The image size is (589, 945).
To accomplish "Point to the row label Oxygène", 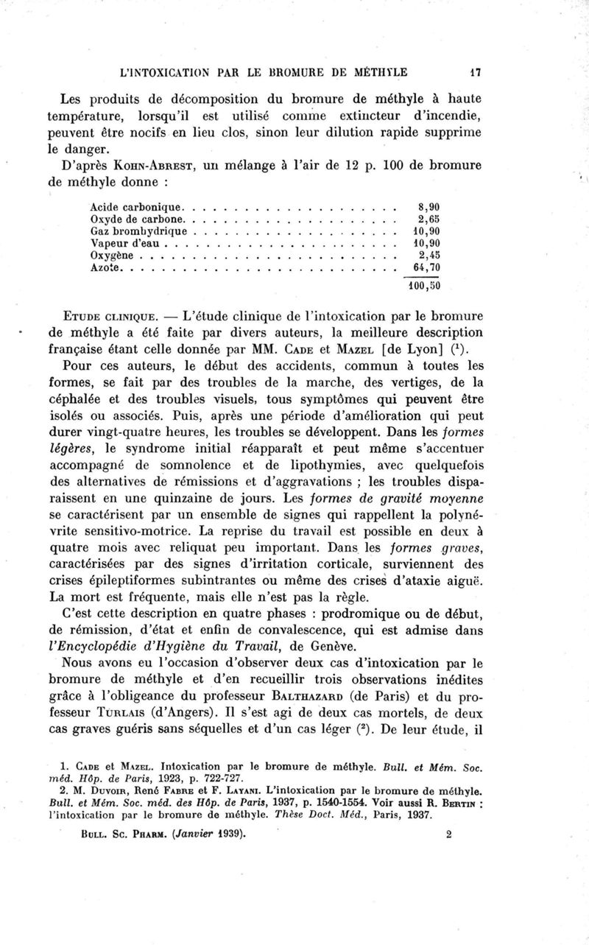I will click(x=112, y=254).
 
